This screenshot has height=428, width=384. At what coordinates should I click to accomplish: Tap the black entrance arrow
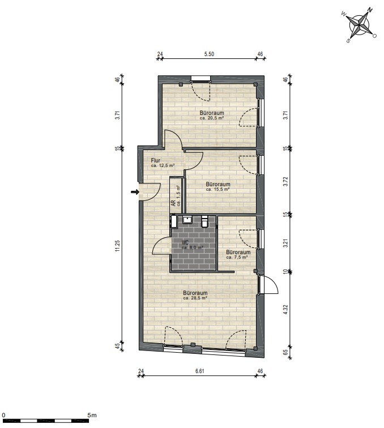click(x=135, y=192)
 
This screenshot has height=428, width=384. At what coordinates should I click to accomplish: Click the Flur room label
click(x=156, y=161)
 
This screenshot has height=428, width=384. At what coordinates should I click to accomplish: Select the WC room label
click(x=185, y=242)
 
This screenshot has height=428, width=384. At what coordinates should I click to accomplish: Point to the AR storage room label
click(x=173, y=203)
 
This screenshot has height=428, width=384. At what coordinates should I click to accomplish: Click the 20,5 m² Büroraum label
click(x=212, y=113)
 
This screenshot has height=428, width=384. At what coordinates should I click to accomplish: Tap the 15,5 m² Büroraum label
click(x=218, y=184)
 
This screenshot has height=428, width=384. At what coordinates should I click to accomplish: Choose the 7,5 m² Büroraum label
click(x=238, y=252)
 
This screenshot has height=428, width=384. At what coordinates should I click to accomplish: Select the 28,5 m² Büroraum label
click(x=195, y=293)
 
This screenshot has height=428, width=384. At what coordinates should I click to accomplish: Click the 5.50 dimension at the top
click(x=209, y=54)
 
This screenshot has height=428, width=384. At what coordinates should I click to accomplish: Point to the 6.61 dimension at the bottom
click(x=200, y=371)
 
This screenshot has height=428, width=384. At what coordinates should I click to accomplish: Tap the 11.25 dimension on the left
click(x=118, y=246)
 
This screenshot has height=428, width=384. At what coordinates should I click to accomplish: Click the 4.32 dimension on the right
click(x=285, y=311)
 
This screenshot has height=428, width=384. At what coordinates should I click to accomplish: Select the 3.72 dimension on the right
click(x=285, y=182)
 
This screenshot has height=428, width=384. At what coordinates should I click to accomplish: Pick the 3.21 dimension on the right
click(x=285, y=243)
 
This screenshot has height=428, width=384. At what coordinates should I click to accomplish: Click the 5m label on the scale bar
click(x=92, y=415)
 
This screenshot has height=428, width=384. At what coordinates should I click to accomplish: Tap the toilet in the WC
click(x=204, y=221)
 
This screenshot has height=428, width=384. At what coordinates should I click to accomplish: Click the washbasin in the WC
click(x=187, y=220)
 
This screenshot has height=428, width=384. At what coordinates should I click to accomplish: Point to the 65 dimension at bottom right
click(x=285, y=352)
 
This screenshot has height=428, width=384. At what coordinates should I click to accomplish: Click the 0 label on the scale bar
click(x=3, y=415)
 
